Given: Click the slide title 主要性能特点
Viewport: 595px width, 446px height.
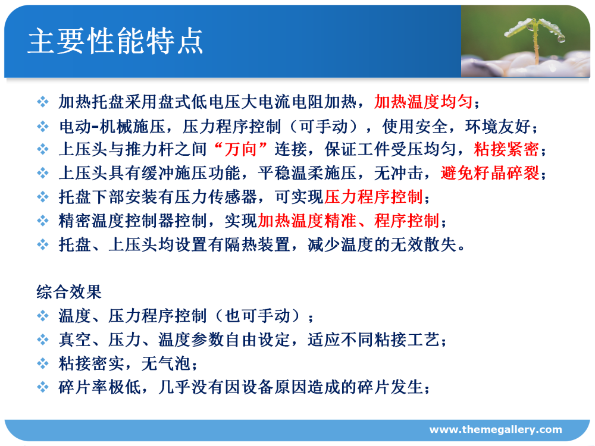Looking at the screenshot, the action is tap(115, 41).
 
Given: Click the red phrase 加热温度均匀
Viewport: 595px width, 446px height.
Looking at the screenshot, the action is tap(424, 102).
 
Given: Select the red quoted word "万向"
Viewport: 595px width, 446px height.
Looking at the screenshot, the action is tap(240, 149).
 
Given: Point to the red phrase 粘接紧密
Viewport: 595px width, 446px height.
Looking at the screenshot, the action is tap(506, 149).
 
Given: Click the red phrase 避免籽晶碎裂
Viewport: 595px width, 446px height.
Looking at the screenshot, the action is tap(490, 173).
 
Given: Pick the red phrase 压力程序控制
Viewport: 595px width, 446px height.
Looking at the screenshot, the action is tap(374, 197).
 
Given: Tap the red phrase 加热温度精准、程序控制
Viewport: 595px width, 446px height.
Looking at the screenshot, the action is tap(348, 221).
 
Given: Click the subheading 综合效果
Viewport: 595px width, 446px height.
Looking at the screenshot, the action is tap(69, 292).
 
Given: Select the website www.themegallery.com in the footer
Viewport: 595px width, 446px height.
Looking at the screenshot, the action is tap(496, 430).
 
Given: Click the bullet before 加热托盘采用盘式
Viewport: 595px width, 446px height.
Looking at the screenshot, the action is tap(43, 102).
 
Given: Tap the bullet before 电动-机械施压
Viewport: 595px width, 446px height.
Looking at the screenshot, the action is tap(43, 126).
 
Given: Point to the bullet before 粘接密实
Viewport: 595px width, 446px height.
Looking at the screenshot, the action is tap(43, 364).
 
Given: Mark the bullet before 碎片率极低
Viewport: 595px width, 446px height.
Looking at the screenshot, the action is tap(43, 387).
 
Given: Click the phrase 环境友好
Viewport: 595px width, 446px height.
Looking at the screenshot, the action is tap(498, 126).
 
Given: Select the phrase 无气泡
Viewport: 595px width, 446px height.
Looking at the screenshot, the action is tap(166, 364).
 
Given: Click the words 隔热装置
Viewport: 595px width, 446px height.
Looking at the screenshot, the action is tap(257, 244).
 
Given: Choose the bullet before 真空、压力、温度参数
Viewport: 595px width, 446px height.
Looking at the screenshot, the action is tap(43, 340).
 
